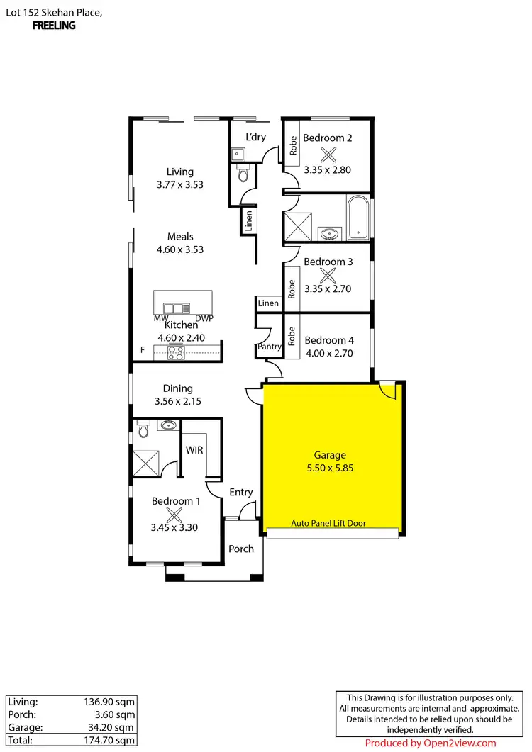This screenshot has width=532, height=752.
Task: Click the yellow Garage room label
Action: (330, 455)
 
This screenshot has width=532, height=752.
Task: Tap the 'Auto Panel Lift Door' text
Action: (333, 524)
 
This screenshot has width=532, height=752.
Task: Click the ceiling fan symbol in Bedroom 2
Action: (327, 154)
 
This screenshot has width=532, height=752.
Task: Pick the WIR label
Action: (195, 449)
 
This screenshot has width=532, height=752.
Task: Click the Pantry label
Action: (270, 347)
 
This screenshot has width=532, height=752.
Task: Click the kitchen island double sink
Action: (174, 308)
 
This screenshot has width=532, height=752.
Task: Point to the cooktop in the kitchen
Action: (175, 352)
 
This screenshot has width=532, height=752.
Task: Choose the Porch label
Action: (241, 549)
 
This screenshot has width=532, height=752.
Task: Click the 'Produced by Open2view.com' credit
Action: (431, 743)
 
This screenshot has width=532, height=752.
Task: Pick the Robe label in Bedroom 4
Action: (291, 334)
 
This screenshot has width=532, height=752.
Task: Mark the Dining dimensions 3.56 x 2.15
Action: (178, 402)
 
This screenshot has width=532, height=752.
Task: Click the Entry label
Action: (240, 493)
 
